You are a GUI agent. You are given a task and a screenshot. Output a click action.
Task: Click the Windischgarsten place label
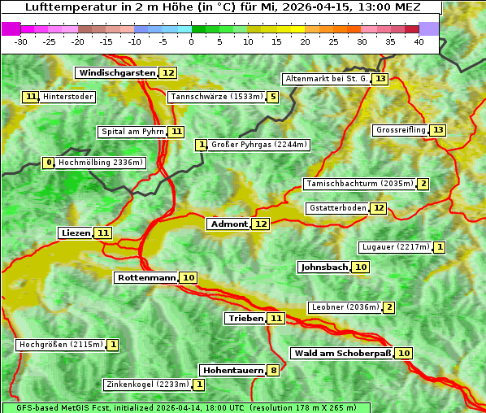coord(116,73)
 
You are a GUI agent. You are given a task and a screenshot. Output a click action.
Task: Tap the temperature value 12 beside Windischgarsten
coord(168,73)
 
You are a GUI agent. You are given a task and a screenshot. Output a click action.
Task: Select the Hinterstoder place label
coord(67,98)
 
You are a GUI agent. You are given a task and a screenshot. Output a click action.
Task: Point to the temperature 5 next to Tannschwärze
coord(273,98)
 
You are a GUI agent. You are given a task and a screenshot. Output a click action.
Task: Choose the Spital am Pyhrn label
coord(132,132)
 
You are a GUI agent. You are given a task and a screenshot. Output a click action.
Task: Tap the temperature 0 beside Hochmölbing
coord(49,163)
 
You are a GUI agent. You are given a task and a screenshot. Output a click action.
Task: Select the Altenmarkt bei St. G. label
coord(327,79)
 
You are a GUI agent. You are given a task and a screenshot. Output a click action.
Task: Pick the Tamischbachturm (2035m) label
coord(359,184)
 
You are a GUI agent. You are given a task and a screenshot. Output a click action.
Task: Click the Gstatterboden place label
coord(336,208)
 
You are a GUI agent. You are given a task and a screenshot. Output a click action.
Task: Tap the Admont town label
coord(228,224)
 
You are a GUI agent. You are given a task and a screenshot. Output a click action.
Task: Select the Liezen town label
coord(76,233)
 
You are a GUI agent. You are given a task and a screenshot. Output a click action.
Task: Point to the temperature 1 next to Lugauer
coord(440,247)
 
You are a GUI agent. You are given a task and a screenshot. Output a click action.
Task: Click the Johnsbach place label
coord(324,267)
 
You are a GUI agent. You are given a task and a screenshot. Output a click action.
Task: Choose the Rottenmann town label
coord(146,278)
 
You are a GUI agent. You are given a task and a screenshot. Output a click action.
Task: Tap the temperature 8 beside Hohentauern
coord(274,371)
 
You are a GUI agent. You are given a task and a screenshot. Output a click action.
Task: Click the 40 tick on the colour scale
coord(419,41)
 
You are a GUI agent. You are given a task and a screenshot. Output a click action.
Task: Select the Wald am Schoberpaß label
coord(342,353)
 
